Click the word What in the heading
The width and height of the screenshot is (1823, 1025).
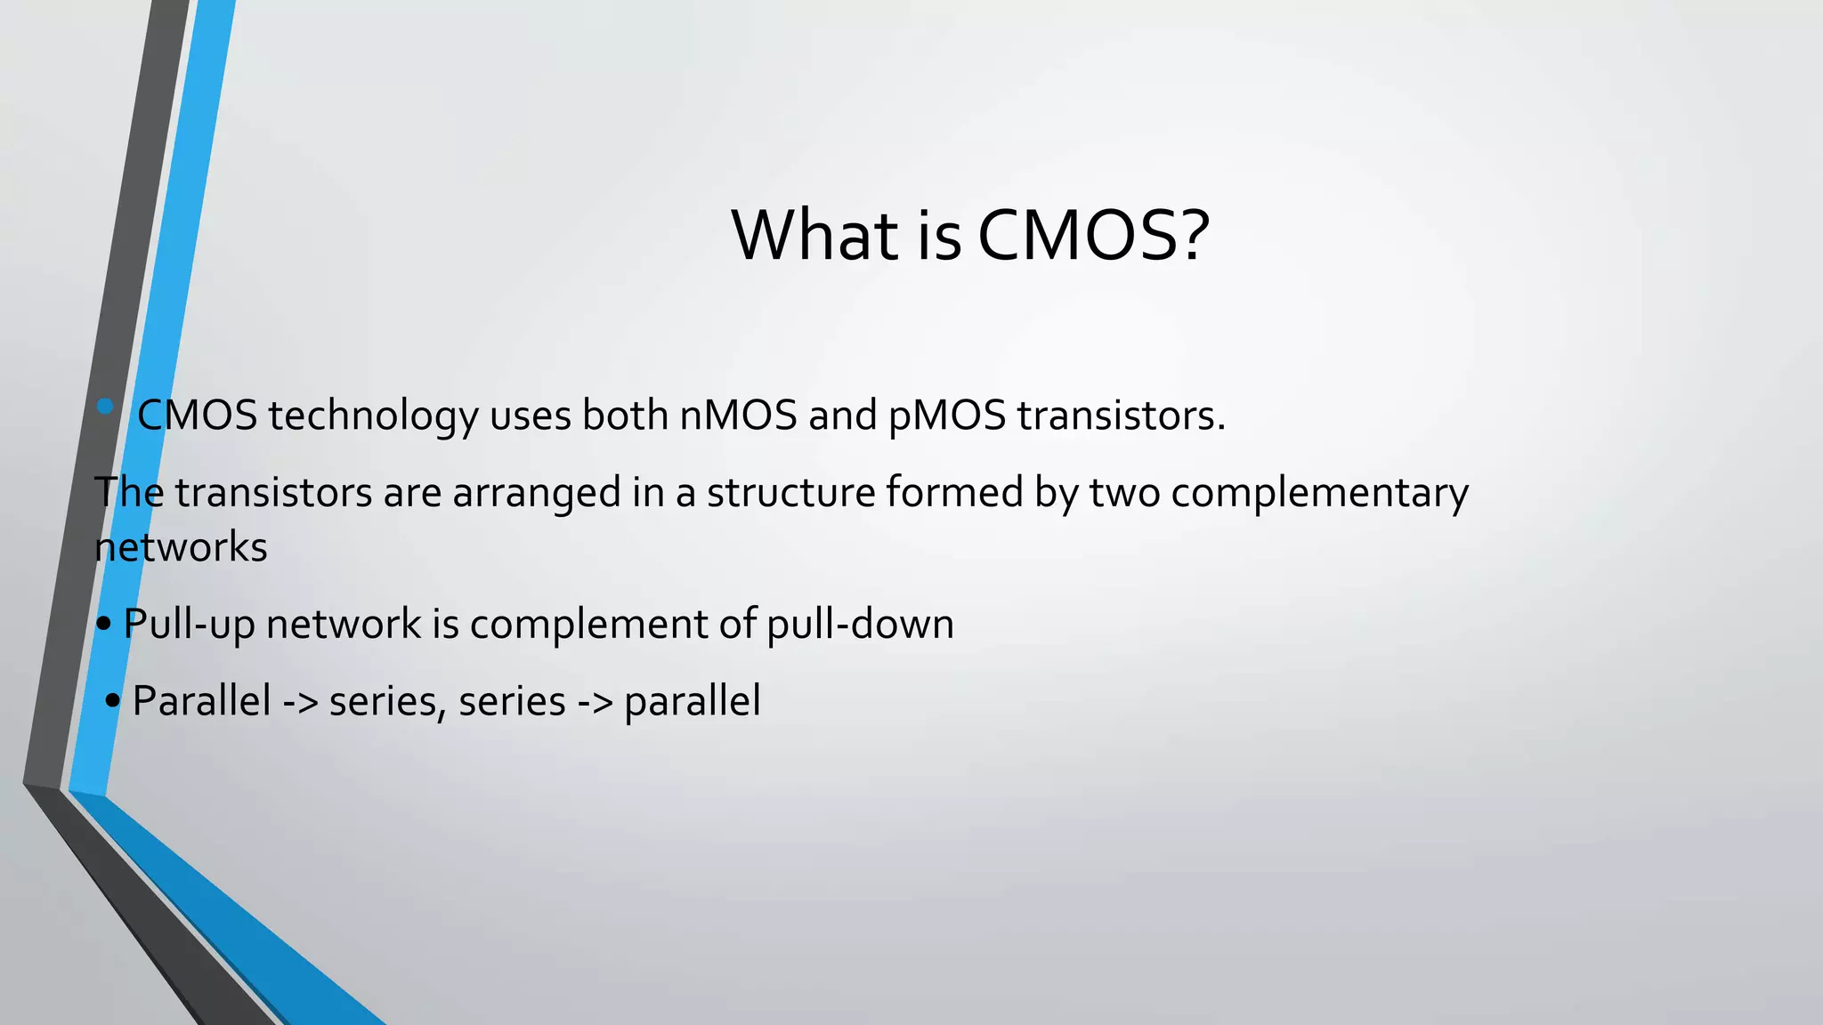814,236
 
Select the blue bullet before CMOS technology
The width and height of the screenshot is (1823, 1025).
105,407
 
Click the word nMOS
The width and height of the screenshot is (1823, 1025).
738,416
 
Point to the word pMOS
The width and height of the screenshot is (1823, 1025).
947,416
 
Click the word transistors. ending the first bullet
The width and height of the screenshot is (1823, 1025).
1122,416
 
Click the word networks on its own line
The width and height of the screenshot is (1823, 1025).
181,547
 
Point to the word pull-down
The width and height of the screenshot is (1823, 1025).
860,624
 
